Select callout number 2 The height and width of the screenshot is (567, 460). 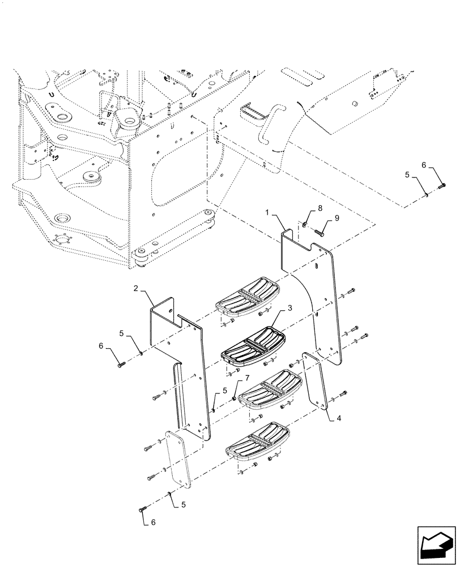(x=136, y=289)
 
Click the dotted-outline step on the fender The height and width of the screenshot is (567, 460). (x=254, y=112)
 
